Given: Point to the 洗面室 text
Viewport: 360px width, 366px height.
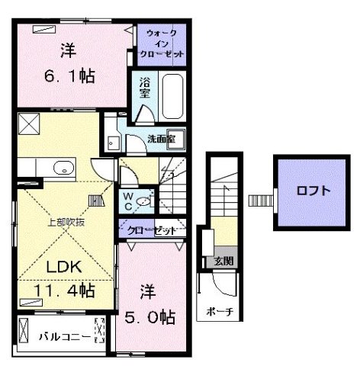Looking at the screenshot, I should tap(161, 140).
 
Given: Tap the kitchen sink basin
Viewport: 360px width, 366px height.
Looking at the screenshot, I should tap(64, 168).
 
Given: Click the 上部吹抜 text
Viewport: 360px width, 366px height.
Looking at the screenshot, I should tap(65, 223).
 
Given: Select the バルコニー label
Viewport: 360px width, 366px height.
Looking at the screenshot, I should tap(56, 335).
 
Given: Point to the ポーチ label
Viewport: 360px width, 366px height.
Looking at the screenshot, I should tap(219, 313).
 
